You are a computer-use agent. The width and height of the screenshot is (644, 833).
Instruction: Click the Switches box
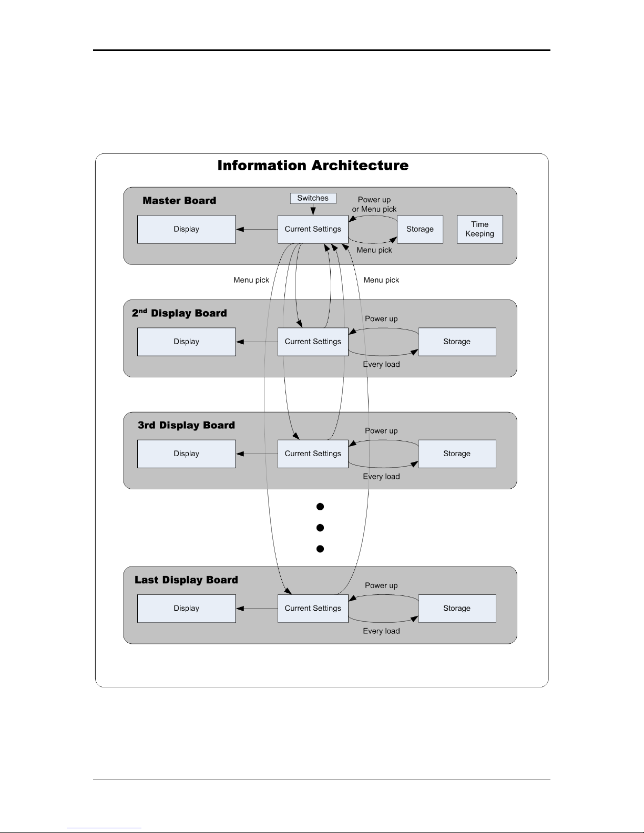313,198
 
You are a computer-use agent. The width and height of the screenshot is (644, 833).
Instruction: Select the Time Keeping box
479,229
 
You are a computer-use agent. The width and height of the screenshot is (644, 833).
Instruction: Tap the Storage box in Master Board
420,229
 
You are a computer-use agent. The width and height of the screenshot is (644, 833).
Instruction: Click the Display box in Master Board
186,229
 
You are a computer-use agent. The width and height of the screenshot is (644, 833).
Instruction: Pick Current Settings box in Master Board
313,229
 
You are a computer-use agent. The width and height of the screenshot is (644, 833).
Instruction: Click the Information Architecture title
313,165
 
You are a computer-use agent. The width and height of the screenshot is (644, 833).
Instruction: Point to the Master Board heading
179,200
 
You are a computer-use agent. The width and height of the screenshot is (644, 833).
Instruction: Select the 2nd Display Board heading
179,313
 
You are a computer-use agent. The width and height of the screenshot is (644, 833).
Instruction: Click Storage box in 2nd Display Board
457,342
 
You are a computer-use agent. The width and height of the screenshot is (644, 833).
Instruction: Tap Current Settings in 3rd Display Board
313,454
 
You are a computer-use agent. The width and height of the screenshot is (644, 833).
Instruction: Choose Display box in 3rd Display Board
186,454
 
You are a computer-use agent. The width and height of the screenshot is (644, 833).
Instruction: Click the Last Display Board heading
186,580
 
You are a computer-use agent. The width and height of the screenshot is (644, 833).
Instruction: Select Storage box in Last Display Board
457,609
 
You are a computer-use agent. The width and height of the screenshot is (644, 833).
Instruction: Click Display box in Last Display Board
186,609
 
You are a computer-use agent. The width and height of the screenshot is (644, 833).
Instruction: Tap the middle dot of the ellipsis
320,528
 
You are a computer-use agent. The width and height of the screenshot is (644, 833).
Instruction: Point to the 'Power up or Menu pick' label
374,204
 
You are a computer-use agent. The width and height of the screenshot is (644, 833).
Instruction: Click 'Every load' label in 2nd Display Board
382,364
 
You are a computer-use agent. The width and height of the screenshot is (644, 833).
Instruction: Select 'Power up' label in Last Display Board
381,585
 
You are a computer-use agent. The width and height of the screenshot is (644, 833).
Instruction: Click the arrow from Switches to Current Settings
313,209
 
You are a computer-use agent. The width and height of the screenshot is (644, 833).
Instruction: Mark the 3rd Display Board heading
186,425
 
